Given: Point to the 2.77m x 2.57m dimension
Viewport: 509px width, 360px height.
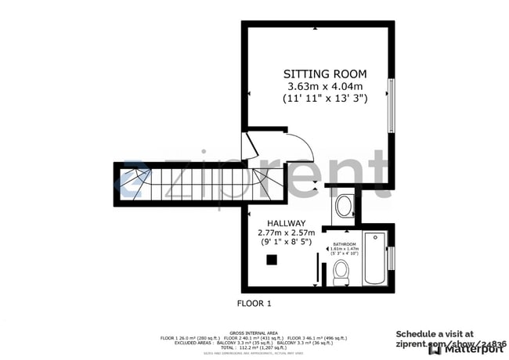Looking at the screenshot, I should [286, 232].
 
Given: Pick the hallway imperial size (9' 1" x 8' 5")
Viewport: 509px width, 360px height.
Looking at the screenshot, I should [286, 243].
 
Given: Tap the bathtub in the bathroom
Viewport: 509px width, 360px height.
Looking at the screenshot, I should [374, 257].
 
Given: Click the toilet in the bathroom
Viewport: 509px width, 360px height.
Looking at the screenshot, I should [341, 272].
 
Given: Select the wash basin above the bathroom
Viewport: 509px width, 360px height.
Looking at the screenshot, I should [343, 206].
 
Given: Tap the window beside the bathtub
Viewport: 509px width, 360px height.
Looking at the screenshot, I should [391, 257].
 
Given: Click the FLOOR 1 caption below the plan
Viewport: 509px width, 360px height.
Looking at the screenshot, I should [254, 302].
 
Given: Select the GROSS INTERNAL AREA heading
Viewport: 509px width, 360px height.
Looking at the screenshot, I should [254, 333].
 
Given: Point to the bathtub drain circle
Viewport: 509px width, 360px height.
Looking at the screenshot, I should [374, 238].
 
